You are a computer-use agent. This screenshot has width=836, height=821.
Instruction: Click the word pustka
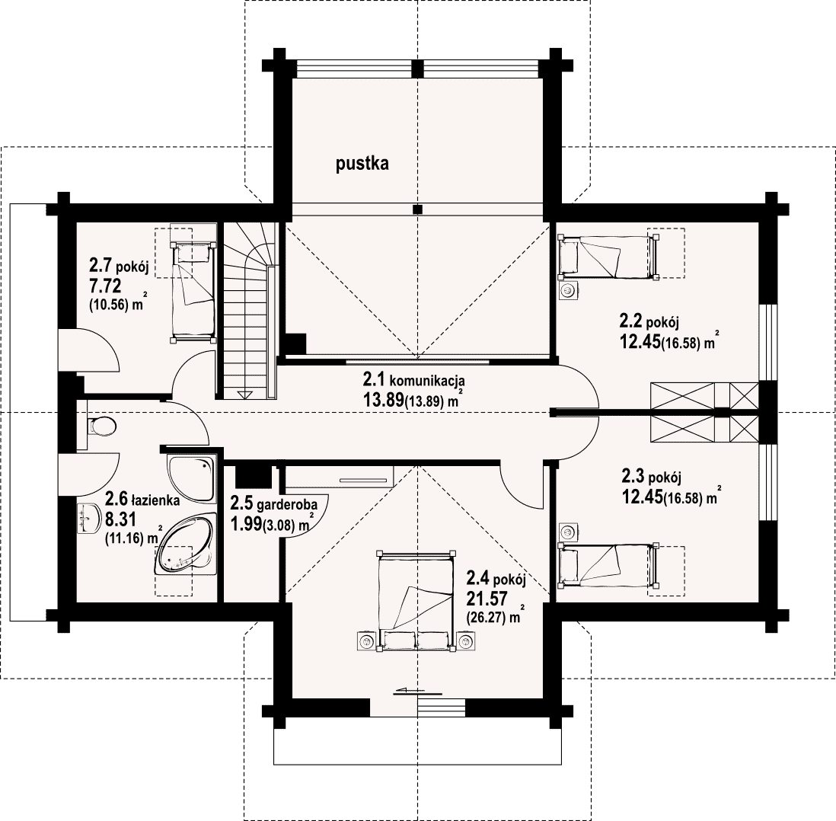tap(362, 164)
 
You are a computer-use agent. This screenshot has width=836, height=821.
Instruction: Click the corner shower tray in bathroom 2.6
tap(192, 479)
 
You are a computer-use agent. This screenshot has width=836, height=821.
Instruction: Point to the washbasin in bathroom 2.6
tap(88, 518)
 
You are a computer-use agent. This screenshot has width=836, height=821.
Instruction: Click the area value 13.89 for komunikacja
tap(383, 400)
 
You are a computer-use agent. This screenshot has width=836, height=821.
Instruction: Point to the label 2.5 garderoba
tap(274, 503)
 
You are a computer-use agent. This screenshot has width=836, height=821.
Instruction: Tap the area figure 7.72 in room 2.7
tap(105, 286)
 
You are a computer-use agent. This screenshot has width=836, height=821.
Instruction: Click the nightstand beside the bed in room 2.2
tap(569, 291)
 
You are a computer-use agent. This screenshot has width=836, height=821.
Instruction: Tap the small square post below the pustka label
tap(418, 209)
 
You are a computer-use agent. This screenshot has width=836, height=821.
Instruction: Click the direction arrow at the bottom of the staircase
tap(245, 395)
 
